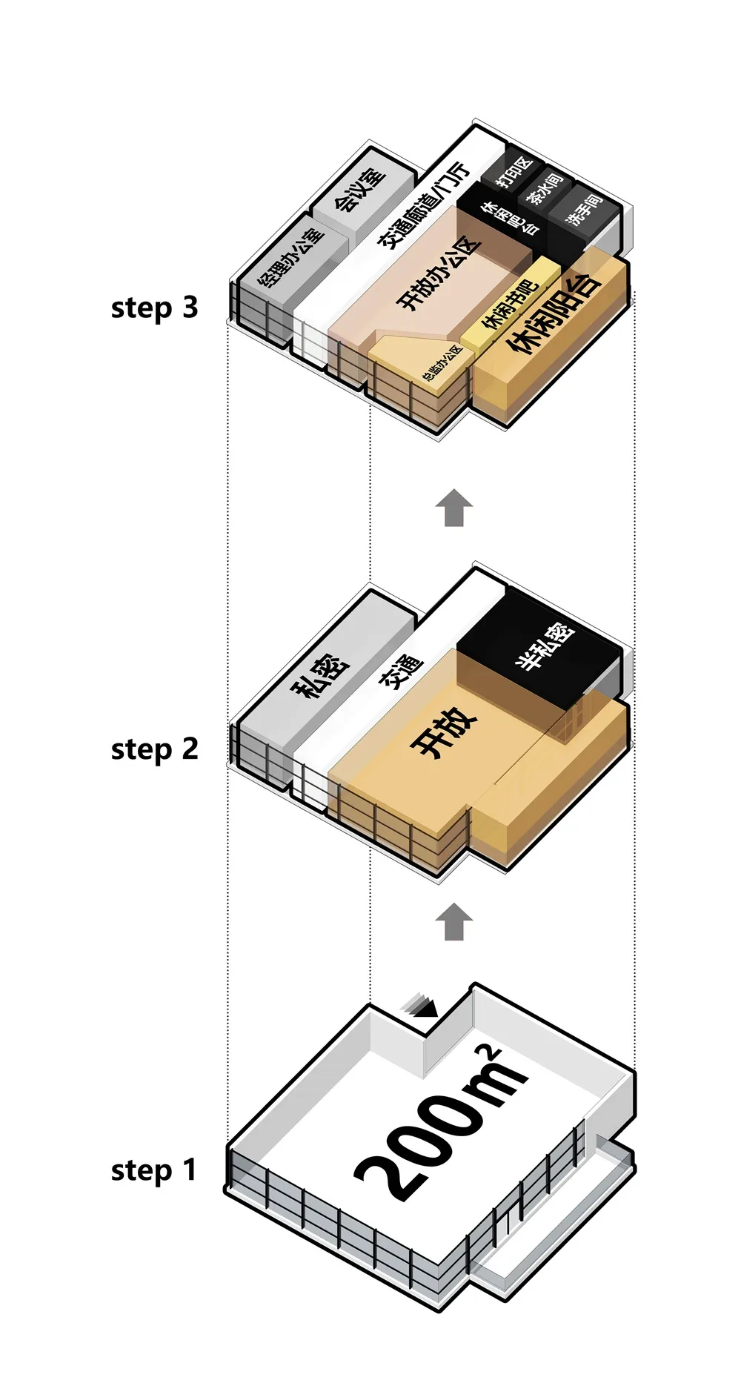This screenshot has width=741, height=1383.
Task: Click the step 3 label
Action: [154, 308]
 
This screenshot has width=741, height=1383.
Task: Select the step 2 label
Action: [154, 749]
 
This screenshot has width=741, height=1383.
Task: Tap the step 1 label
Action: [154, 1170]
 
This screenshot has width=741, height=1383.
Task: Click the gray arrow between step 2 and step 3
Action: [453, 508]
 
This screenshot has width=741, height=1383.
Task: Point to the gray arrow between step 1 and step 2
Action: [453, 921]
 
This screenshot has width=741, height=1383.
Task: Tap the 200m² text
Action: [437, 1119]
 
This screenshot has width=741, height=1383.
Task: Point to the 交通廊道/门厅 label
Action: [424, 206]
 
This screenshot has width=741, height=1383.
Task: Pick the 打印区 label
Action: [514, 172]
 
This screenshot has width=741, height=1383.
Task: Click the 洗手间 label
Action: [583, 210]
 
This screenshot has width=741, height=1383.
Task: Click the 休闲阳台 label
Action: [553, 314]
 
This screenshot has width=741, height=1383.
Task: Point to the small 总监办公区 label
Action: [442, 363]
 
